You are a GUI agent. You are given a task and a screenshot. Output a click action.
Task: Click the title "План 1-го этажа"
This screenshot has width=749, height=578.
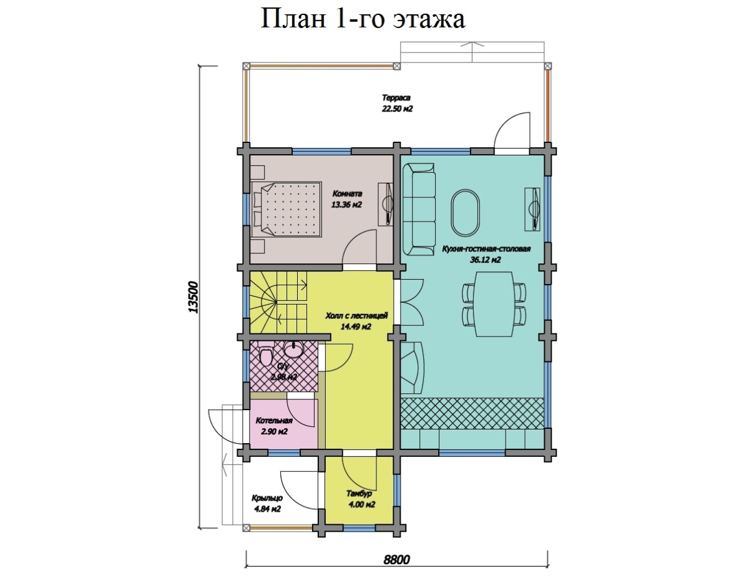click(362, 19)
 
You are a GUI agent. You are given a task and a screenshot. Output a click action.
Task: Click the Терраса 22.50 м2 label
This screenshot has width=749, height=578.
click(398, 103)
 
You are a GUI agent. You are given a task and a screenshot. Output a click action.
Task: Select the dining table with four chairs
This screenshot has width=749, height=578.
click(492, 304)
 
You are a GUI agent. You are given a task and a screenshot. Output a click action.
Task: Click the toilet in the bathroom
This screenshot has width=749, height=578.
click(266, 358)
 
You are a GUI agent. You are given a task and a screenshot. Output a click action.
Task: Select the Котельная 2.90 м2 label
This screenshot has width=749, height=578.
click(274, 427)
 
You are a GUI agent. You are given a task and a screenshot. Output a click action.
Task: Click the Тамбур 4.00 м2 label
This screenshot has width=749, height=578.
click(360, 499)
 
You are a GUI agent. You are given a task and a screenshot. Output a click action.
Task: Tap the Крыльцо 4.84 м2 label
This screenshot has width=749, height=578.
click(267, 503)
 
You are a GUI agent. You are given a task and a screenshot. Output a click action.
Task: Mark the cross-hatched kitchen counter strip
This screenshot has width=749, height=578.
click(472, 413)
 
